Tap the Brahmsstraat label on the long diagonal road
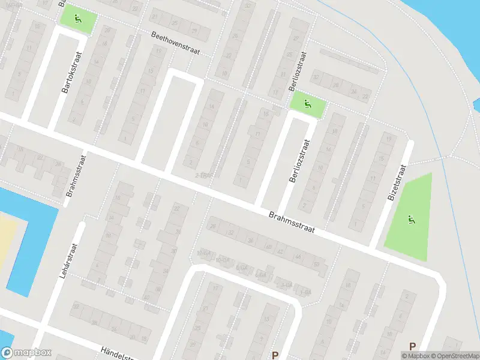pyautogui.click(x=292, y=223)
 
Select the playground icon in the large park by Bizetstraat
pyautogui.click(x=411, y=220)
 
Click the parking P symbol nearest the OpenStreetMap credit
pyautogui.click(x=412, y=346)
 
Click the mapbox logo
pyautogui.click(x=26, y=353)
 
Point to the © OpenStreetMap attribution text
pyautogui.click(x=454, y=356)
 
